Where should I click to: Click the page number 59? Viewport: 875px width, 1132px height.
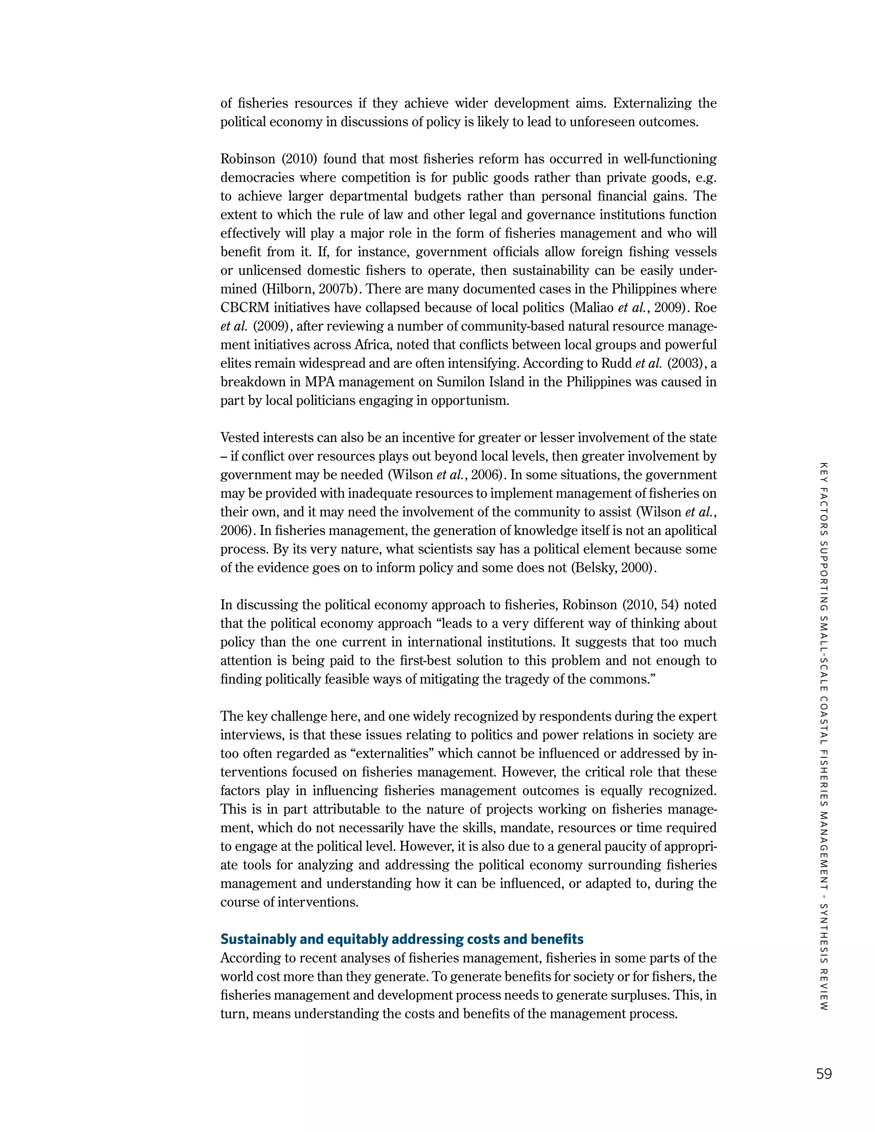coord(824,1073)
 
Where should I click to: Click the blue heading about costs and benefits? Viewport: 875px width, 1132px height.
coord(402,939)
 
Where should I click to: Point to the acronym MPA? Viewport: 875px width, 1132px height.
coord(319,382)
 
